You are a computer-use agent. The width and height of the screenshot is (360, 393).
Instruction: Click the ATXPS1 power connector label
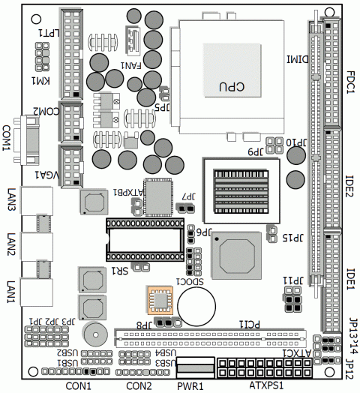pyautogui.click(x=265, y=385)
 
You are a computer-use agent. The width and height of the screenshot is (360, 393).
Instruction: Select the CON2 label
pyautogui.click(x=139, y=385)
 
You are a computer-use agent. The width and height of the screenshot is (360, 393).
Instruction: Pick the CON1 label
pyautogui.click(x=78, y=385)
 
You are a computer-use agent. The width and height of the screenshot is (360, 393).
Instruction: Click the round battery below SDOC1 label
pyautogui.click(x=200, y=303)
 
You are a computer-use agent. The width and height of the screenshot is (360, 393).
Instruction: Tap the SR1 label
pyautogui.click(x=119, y=271)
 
